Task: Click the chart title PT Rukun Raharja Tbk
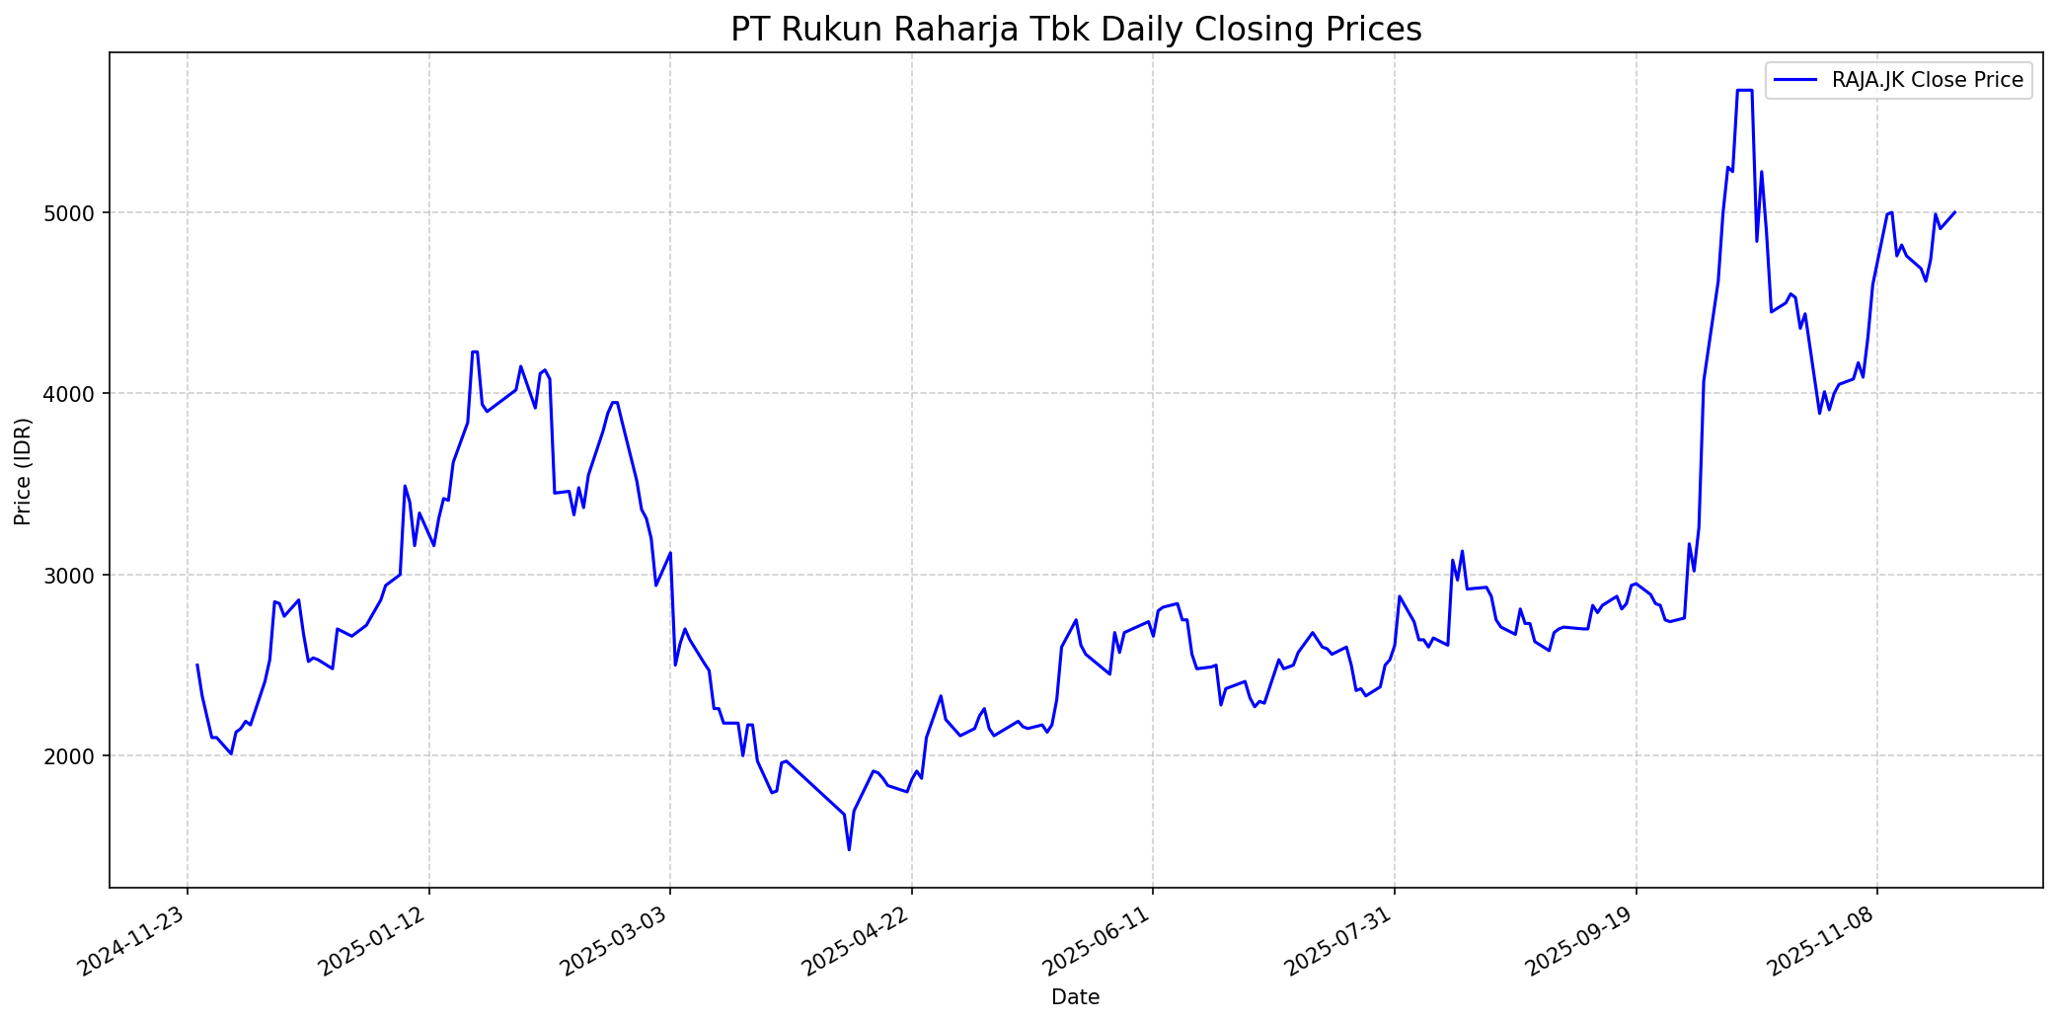pos(1076,30)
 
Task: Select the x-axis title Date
pos(1076,997)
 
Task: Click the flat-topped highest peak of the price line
pos(1744,91)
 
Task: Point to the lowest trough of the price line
pos(849,849)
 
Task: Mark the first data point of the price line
pos(197,665)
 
